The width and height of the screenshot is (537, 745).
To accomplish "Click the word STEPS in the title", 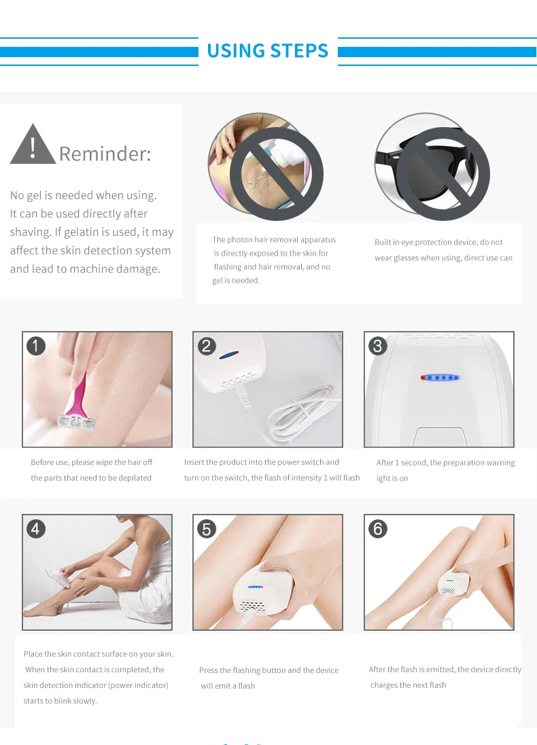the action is coord(299,51).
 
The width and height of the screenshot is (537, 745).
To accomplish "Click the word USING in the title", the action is coord(235,51).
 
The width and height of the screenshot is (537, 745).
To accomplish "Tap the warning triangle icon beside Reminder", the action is coord(33,144).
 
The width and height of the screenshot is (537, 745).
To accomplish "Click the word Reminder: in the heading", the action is coord(105,154).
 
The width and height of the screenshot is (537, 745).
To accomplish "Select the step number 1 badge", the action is coord(36,346).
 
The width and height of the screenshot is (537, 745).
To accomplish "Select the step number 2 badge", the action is coord(207,346).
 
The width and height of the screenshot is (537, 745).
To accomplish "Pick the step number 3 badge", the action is coord(378,346).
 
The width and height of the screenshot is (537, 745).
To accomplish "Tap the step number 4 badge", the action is coord(36,528).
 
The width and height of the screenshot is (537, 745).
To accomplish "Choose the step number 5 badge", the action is coord(207,528).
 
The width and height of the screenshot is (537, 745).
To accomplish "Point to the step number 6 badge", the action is coord(378,528).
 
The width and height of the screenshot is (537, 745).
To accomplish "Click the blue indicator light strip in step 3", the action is coord(440,378).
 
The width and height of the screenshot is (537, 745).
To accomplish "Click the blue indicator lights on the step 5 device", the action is coord(255,587).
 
